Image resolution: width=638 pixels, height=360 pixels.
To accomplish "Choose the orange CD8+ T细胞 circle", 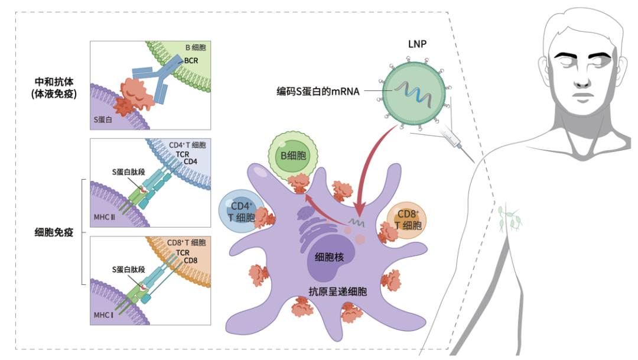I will pos(408,220).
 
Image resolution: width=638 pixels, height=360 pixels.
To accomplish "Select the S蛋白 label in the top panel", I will pos(103,119).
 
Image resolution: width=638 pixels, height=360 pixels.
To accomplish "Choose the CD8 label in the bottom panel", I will pos(190,261).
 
